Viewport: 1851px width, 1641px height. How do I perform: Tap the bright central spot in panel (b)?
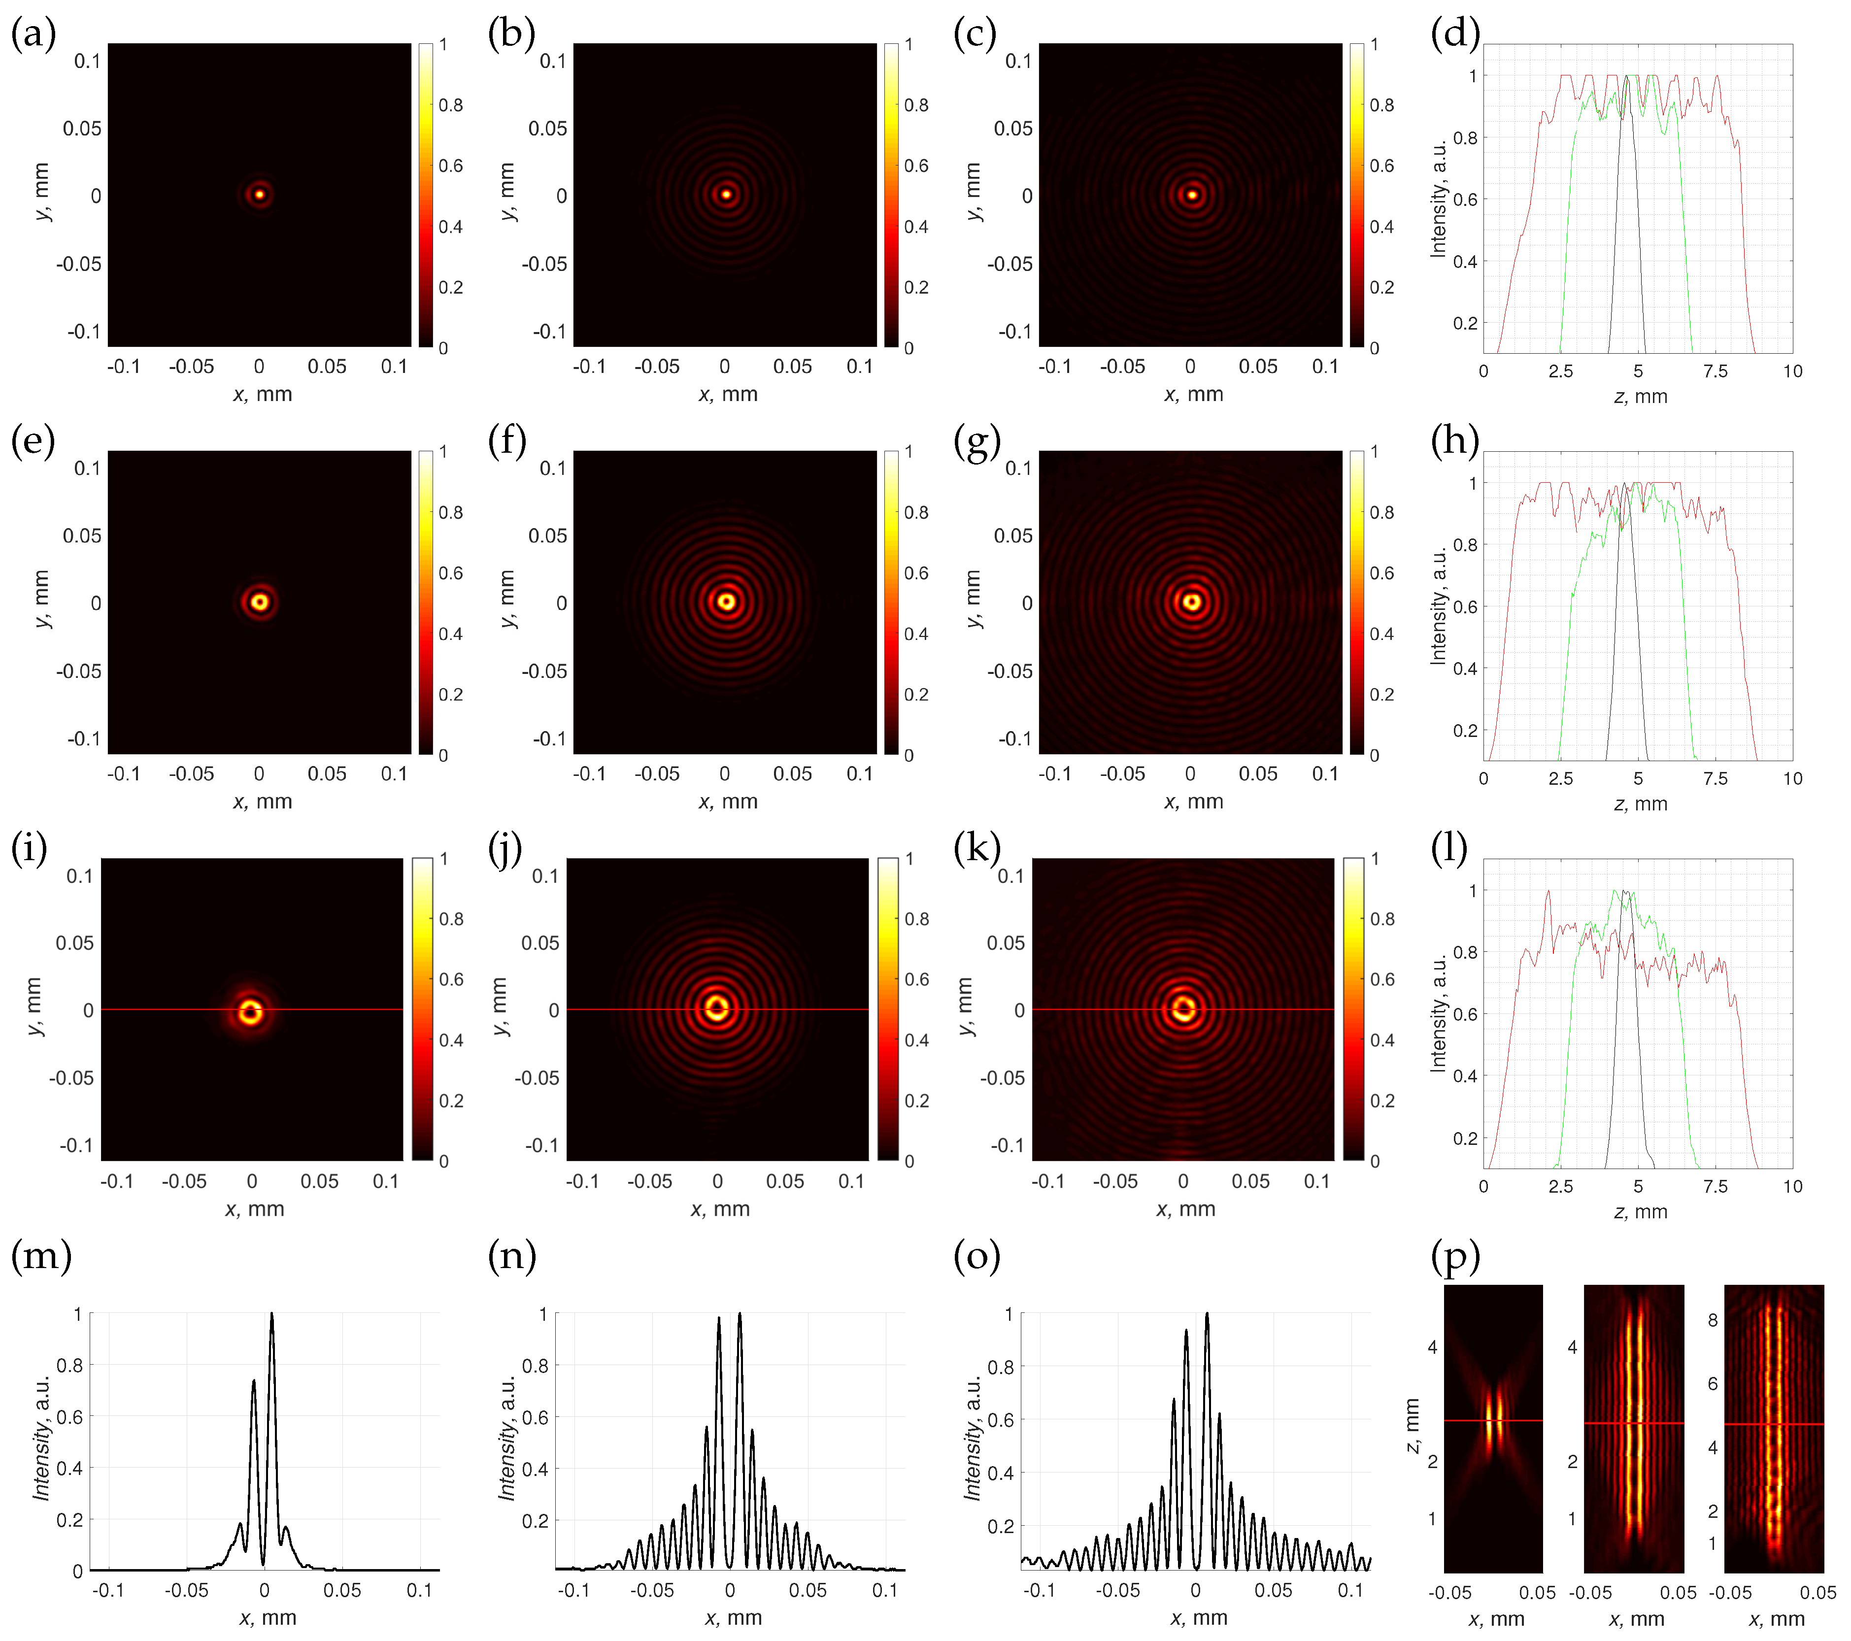coord(725,194)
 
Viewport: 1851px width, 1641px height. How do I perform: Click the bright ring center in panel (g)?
coord(1192,602)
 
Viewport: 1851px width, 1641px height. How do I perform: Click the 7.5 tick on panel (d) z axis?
coord(1715,371)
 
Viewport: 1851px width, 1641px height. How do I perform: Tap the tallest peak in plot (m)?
coord(271,1315)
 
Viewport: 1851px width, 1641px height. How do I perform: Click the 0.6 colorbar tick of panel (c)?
coord(1382,166)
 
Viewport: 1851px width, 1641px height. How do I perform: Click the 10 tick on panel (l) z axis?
coord(1792,1186)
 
